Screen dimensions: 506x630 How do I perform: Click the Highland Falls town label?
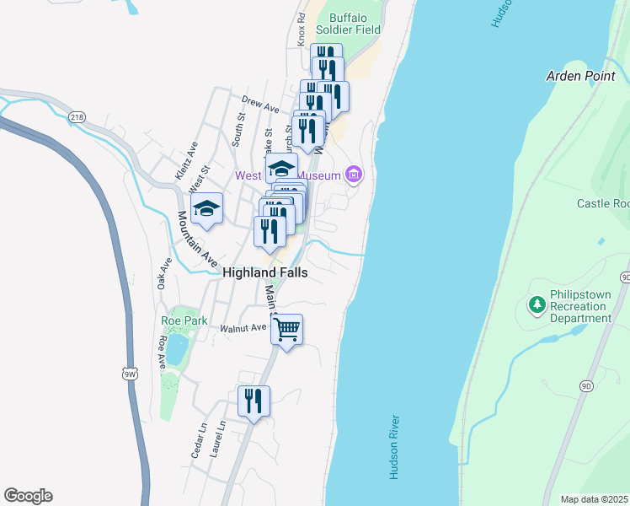click(x=264, y=272)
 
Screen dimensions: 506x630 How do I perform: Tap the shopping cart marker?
click(x=286, y=330)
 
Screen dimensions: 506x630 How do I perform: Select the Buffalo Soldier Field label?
click(x=355, y=23)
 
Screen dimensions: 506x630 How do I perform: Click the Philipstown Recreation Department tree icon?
click(x=536, y=304)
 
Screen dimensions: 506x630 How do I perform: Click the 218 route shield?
click(x=77, y=116)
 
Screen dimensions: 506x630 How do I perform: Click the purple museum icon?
click(x=354, y=175)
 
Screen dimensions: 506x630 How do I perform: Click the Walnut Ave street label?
click(x=243, y=328)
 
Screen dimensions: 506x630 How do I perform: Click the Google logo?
click(x=28, y=496)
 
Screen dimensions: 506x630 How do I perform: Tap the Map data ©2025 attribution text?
click(x=595, y=499)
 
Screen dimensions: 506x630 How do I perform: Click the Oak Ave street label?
click(x=164, y=273)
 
